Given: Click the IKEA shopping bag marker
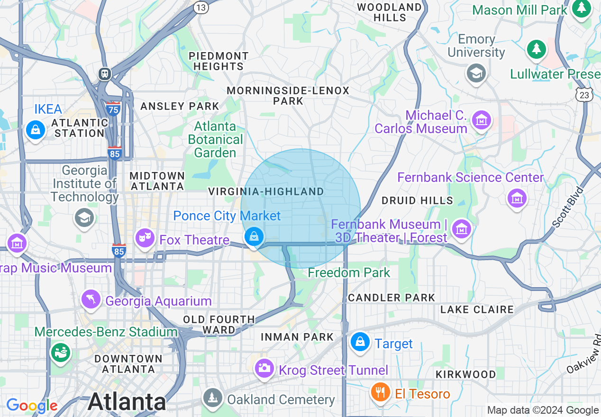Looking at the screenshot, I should (x=35, y=129).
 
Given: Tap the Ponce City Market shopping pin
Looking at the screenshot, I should (x=254, y=236).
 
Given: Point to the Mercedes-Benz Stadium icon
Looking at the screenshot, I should (x=61, y=352).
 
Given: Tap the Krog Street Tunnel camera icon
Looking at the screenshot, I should (x=264, y=368).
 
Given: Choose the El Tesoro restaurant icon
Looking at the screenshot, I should (x=380, y=392).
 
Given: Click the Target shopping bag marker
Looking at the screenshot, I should (x=360, y=341).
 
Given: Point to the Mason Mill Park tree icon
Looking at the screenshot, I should (x=581, y=9).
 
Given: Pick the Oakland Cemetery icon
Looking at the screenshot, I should (x=212, y=397).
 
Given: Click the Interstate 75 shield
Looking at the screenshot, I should (x=114, y=108).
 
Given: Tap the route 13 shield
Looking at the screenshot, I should (x=201, y=8).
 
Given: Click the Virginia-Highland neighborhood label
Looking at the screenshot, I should (x=266, y=191).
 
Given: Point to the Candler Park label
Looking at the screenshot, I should (x=392, y=298).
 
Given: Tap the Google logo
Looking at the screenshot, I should (x=32, y=405).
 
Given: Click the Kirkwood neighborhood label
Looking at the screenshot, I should (x=466, y=374).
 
